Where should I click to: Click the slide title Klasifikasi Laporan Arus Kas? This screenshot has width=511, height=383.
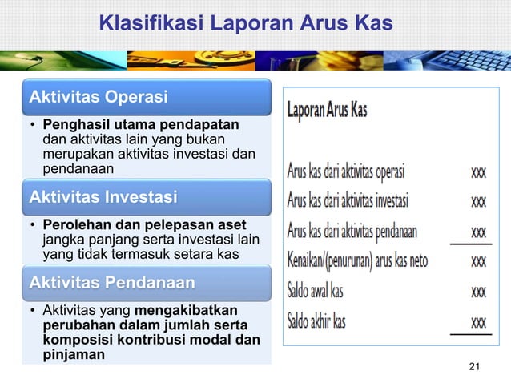tap(246, 25)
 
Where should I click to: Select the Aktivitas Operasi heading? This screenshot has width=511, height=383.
tap(99, 98)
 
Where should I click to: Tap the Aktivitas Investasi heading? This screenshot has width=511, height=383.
tap(103, 196)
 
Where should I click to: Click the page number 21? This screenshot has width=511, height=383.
tap(474, 367)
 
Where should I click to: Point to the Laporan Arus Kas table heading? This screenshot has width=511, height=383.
tap(327, 110)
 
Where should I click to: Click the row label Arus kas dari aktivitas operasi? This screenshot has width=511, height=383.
tap(346, 171)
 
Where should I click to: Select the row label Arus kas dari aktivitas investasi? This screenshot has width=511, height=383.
tap(348, 200)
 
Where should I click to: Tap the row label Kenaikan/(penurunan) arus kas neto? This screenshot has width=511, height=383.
tap(357, 260)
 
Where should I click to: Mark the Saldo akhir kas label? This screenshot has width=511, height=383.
tap(317, 321)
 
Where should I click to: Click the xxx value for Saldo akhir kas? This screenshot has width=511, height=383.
tap(478, 322)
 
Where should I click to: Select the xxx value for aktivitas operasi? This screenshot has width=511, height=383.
tap(478, 171)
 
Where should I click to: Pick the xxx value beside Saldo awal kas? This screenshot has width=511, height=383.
tap(478, 292)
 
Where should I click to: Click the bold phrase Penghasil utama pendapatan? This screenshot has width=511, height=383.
tap(141, 126)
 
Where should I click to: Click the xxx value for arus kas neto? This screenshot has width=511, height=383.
tap(478, 261)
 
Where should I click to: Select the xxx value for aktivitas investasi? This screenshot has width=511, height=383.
tap(478, 201)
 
